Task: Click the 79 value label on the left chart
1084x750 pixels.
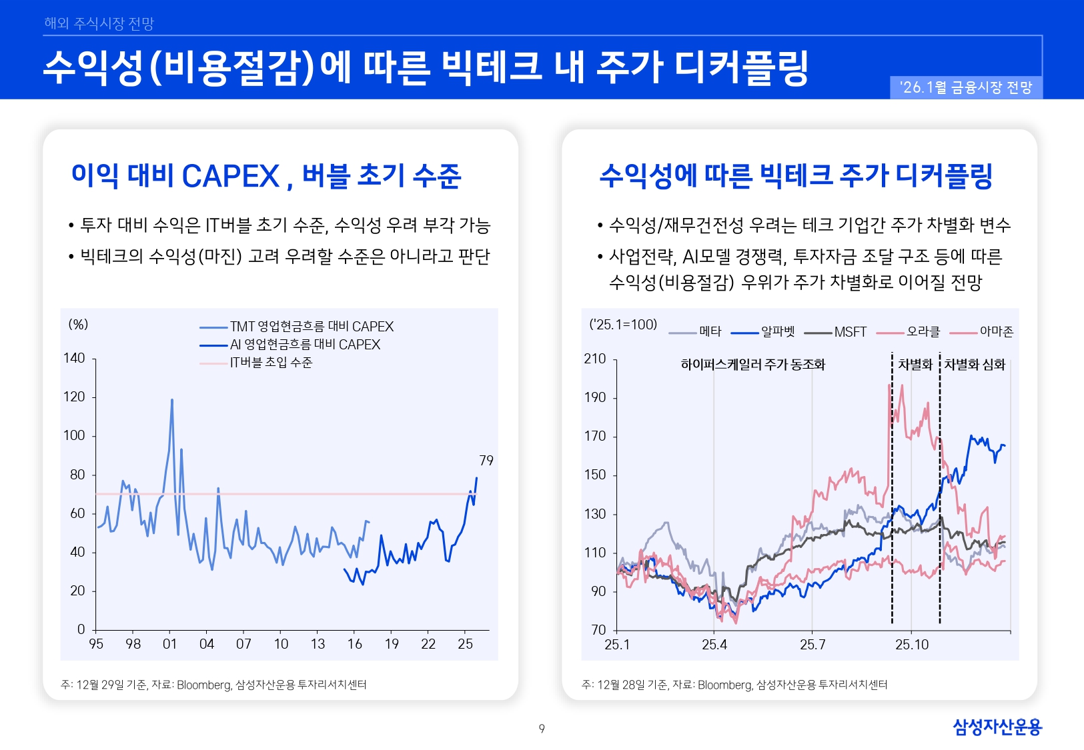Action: (x=486, y=461)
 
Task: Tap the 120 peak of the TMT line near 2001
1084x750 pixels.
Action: (x=172, y=400)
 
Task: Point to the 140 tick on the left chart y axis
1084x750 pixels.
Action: (x=74, y=358)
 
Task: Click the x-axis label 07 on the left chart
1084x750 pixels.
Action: (x=243, y=644)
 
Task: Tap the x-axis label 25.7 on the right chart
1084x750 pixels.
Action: (x=812, y=645)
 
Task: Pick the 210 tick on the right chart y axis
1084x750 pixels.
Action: (x=595, y=359)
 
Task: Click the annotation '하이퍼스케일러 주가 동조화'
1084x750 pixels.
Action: (x=752, y=365)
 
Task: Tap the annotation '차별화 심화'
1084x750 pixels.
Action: (x=975, y=365)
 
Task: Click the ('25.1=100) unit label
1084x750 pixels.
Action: (x=623, y=325)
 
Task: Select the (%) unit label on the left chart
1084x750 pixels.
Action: (x=78, y=325)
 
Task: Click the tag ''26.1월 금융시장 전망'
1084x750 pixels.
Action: (x=966, y=87)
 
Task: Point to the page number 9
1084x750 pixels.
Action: (x=542, y=729)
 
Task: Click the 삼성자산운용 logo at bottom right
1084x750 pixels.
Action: (x=997, y=727)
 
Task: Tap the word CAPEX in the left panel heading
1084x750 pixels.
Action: (x=230, y=176)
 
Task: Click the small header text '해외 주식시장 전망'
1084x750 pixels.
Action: (x=99, y=23)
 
